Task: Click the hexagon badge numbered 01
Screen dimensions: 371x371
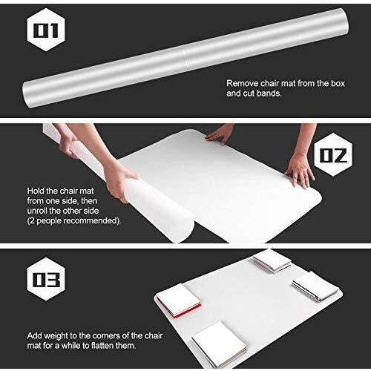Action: pyautogui.click(x=46, y=30)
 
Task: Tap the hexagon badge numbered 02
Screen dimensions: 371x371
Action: pyautogui.click(x=333, y=155)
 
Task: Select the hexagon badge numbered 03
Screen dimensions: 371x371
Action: pyautogui.click(x=46, y=279)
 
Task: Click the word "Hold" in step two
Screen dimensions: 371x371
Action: pyautogui.click(x=36, y=191)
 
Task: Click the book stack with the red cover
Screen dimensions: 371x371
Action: pyautogui.click(x=179, y=301)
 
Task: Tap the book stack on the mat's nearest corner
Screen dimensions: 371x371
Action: pyautogui.click(x=220, y=341)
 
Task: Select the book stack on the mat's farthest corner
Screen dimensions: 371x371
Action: pyautogui.click(x=272, y=261)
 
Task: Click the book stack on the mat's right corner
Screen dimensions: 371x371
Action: pyautogui.click(x=315, y=286)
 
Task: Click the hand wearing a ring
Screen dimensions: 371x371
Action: pyautogui.click(x=301, y=171)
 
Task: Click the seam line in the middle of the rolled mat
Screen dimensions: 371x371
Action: pyautogui.click(x=185, y=59)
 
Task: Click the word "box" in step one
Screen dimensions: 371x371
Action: pyautogui.click(x=338, y=83)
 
